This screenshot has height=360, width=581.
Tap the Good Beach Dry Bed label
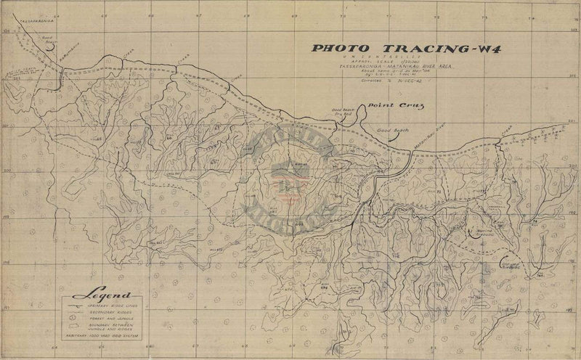coord(341,112)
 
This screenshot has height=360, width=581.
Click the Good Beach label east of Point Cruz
coord(392,129)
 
